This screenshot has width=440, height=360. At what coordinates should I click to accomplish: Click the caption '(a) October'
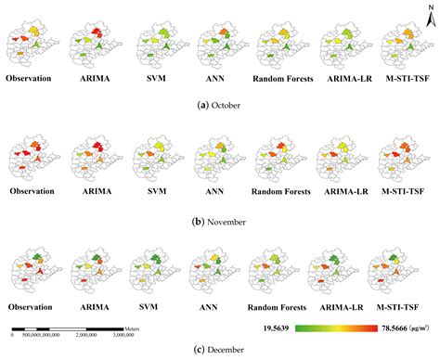tap(219, 106)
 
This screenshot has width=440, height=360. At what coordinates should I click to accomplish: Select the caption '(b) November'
tap(219, 224)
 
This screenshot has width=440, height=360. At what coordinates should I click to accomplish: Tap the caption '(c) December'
tap(219, 349)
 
